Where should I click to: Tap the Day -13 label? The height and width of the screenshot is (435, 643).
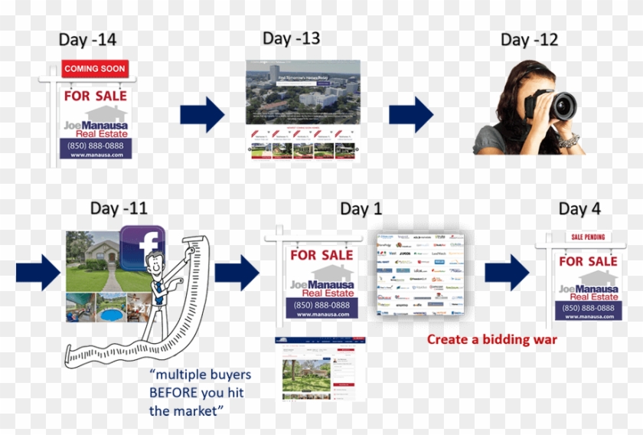pos(291,38)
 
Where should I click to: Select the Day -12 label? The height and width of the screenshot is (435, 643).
pos(530,39)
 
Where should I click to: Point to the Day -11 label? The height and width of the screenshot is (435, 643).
pos(118,208)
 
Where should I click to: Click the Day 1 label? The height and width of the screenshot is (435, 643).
pos(361,208)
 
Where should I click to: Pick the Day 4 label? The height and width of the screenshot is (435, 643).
pos(585,209)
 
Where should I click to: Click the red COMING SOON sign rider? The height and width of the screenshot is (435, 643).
pos(95,69)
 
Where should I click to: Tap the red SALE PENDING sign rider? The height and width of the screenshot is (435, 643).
pos(588,237)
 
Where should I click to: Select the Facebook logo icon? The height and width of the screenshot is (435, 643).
pos(143,247)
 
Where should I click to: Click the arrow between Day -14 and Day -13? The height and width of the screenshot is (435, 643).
pos(202,115)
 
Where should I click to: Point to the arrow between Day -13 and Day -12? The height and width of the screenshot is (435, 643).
pos(411,115)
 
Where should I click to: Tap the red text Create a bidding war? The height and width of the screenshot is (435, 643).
pos(491,339)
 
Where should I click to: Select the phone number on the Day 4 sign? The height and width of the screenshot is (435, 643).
pos(588,308)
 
